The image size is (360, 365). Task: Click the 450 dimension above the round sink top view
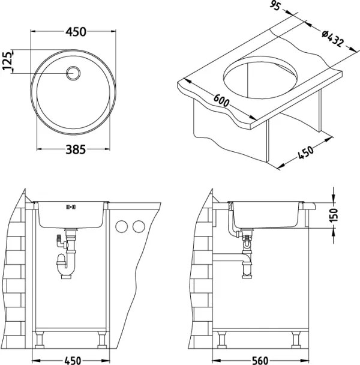tap(74, 31)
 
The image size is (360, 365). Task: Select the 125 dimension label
tap(8, 62)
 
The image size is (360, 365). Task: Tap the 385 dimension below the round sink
tap(74, 149)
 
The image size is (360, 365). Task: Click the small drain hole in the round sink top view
tap(74, 73)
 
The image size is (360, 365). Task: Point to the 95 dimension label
tap(276, 7)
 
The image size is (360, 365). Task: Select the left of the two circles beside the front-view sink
tap(122, 227)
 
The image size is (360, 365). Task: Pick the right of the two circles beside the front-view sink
tap(139, 227)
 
